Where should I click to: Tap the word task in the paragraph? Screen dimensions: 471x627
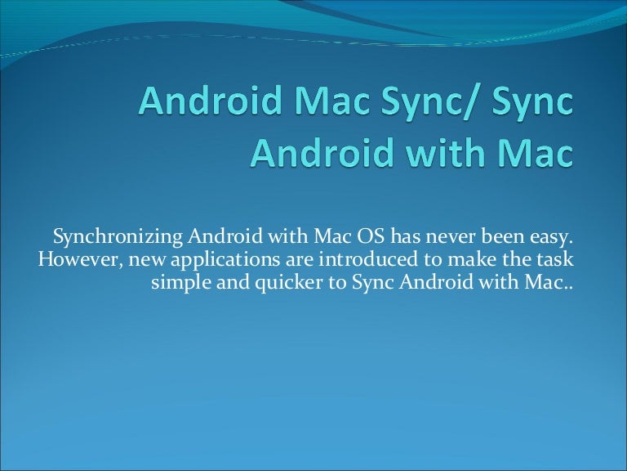tap(555, 260)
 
